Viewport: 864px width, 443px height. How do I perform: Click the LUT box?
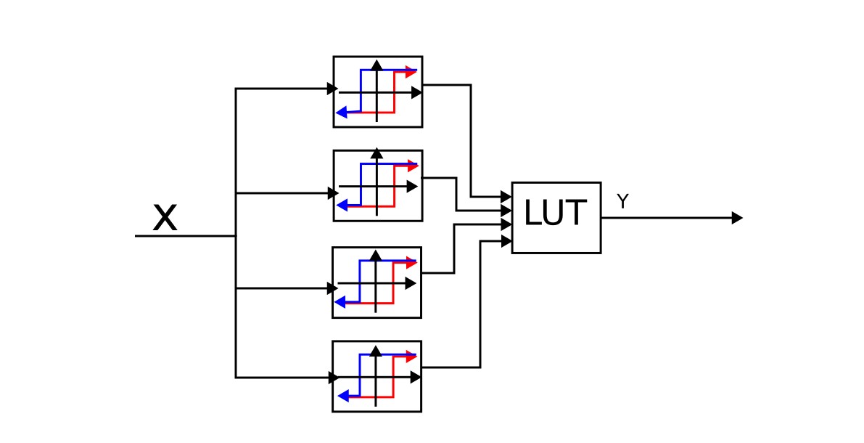coord(556,217)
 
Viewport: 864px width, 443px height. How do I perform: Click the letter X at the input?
coord(165,217)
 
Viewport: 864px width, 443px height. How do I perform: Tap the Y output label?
coord(622,201)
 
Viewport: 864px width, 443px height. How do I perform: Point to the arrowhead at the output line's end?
coord(737,217)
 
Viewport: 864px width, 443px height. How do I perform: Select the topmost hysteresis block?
coord(377,92)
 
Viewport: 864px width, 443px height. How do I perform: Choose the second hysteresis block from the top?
coord(377,185)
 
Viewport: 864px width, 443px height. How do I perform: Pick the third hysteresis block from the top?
coord(377,282)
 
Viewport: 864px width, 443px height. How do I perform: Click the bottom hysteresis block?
coord(377,376)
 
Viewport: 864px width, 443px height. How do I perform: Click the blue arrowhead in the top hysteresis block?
coord(341,113)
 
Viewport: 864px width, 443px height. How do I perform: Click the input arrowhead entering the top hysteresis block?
coord(332,89)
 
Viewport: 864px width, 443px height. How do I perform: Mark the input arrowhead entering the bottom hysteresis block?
coord(332,378)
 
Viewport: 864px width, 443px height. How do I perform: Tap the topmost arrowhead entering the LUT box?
coord(506,196)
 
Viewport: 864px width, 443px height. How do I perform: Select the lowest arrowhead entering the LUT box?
coord(506,240)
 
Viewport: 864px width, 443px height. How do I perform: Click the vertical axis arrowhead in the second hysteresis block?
coord(377,154)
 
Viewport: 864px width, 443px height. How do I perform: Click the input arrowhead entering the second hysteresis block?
coord(332,193)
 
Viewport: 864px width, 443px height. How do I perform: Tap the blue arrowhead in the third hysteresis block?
coord(341,302)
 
